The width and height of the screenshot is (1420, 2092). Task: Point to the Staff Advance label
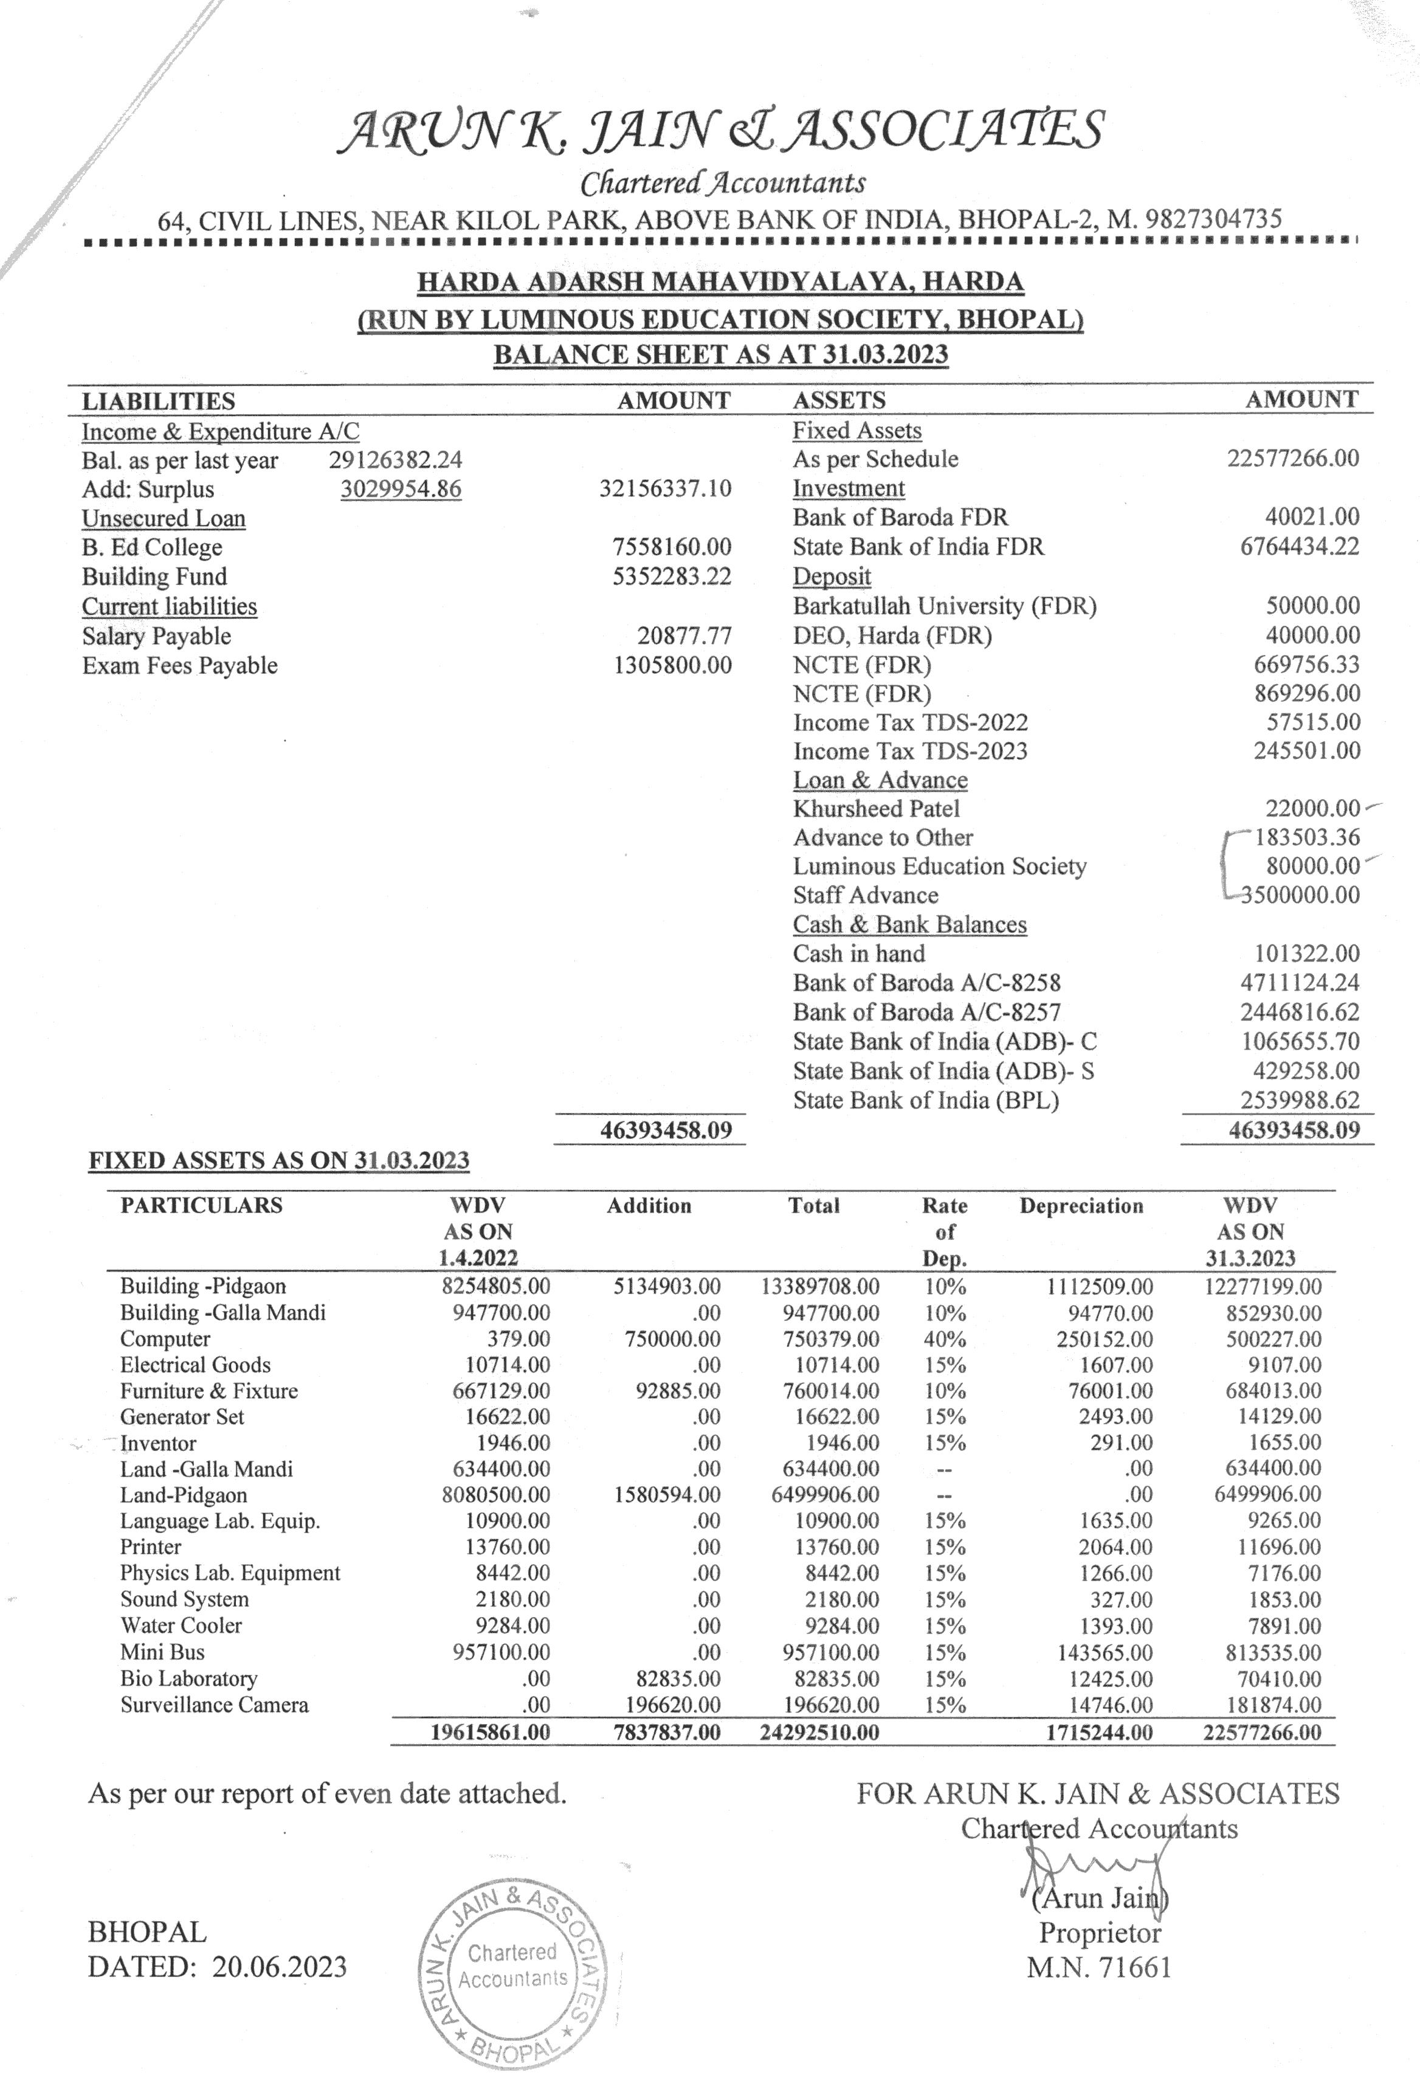click(x=865, y=895)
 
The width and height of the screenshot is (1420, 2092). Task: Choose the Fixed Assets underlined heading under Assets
click(x=856, y=431)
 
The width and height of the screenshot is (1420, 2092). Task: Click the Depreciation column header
click(x=1081, y=1205)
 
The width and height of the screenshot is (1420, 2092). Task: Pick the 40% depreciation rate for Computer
click(x=945, y=1339)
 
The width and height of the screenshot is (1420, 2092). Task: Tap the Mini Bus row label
click(x=162, y=1652)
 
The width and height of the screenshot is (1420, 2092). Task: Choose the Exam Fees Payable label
click(x=179, y=665)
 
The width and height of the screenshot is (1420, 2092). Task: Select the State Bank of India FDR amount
click(x=1300, y=546)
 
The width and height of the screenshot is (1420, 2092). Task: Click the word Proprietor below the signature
click(x=1100, y=1933)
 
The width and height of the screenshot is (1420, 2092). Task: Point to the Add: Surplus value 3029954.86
click(x=401, y=489)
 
